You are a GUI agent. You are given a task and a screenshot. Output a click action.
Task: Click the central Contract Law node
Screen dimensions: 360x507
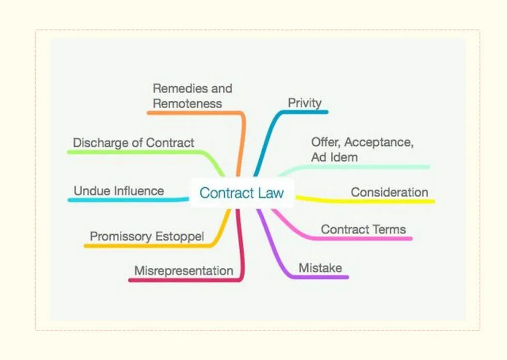coord(242,193)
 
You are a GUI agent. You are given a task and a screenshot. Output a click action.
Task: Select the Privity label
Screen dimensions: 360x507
coord(305,102)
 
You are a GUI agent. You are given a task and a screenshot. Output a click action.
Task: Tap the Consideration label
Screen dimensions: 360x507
coord(390,192)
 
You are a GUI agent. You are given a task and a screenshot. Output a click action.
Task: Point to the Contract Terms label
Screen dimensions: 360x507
coord(363,229)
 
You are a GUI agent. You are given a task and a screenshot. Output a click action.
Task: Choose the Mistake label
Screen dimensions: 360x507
coord(320,268)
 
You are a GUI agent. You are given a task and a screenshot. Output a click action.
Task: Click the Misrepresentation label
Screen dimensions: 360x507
coord(184,271)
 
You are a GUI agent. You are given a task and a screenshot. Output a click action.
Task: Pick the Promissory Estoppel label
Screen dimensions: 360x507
coord(147,236)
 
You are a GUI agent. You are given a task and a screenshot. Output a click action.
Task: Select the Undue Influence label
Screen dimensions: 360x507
coord(118,191)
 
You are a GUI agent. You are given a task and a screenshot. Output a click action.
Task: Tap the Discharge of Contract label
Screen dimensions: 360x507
coord(133,143)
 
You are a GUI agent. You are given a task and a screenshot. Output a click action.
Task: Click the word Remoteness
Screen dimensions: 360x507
coord(187,103)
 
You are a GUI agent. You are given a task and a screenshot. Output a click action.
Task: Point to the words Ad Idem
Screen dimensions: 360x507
coord(334,157)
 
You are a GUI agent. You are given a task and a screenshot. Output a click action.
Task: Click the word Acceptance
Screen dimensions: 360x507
coord(378,142)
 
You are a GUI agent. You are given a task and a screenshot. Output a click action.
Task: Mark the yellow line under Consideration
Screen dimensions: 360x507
coord(372,201)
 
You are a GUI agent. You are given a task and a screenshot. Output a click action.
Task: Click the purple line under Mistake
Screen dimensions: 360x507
coord(321,277)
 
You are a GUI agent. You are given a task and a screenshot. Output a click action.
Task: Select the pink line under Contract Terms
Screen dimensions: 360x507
coord(362,238)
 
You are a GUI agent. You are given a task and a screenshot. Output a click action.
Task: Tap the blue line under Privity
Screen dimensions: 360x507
coord(305,112)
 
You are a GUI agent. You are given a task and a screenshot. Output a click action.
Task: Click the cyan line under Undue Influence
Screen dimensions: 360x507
coord(124,200)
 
